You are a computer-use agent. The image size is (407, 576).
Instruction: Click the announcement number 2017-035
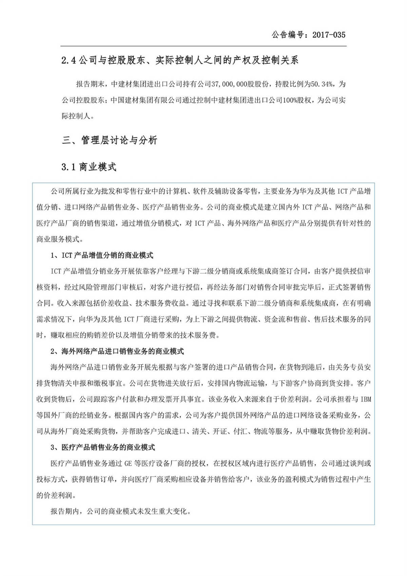[329, 35]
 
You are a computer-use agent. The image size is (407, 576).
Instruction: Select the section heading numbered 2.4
[180, 60]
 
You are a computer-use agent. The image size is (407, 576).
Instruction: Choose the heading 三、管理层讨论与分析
[109, 140]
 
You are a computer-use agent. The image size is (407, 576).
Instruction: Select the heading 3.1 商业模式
[89, 167]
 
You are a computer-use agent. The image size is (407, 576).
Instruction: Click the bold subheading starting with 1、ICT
[102, 255]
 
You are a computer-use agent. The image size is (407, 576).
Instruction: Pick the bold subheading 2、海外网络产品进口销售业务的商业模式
[117, 351]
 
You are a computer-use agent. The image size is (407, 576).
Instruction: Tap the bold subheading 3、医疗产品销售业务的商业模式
[103, 447]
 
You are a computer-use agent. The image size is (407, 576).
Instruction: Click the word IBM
[366, 399]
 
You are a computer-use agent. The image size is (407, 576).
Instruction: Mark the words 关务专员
[356, 367]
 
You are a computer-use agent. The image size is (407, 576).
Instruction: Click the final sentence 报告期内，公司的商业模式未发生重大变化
[121, 511]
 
